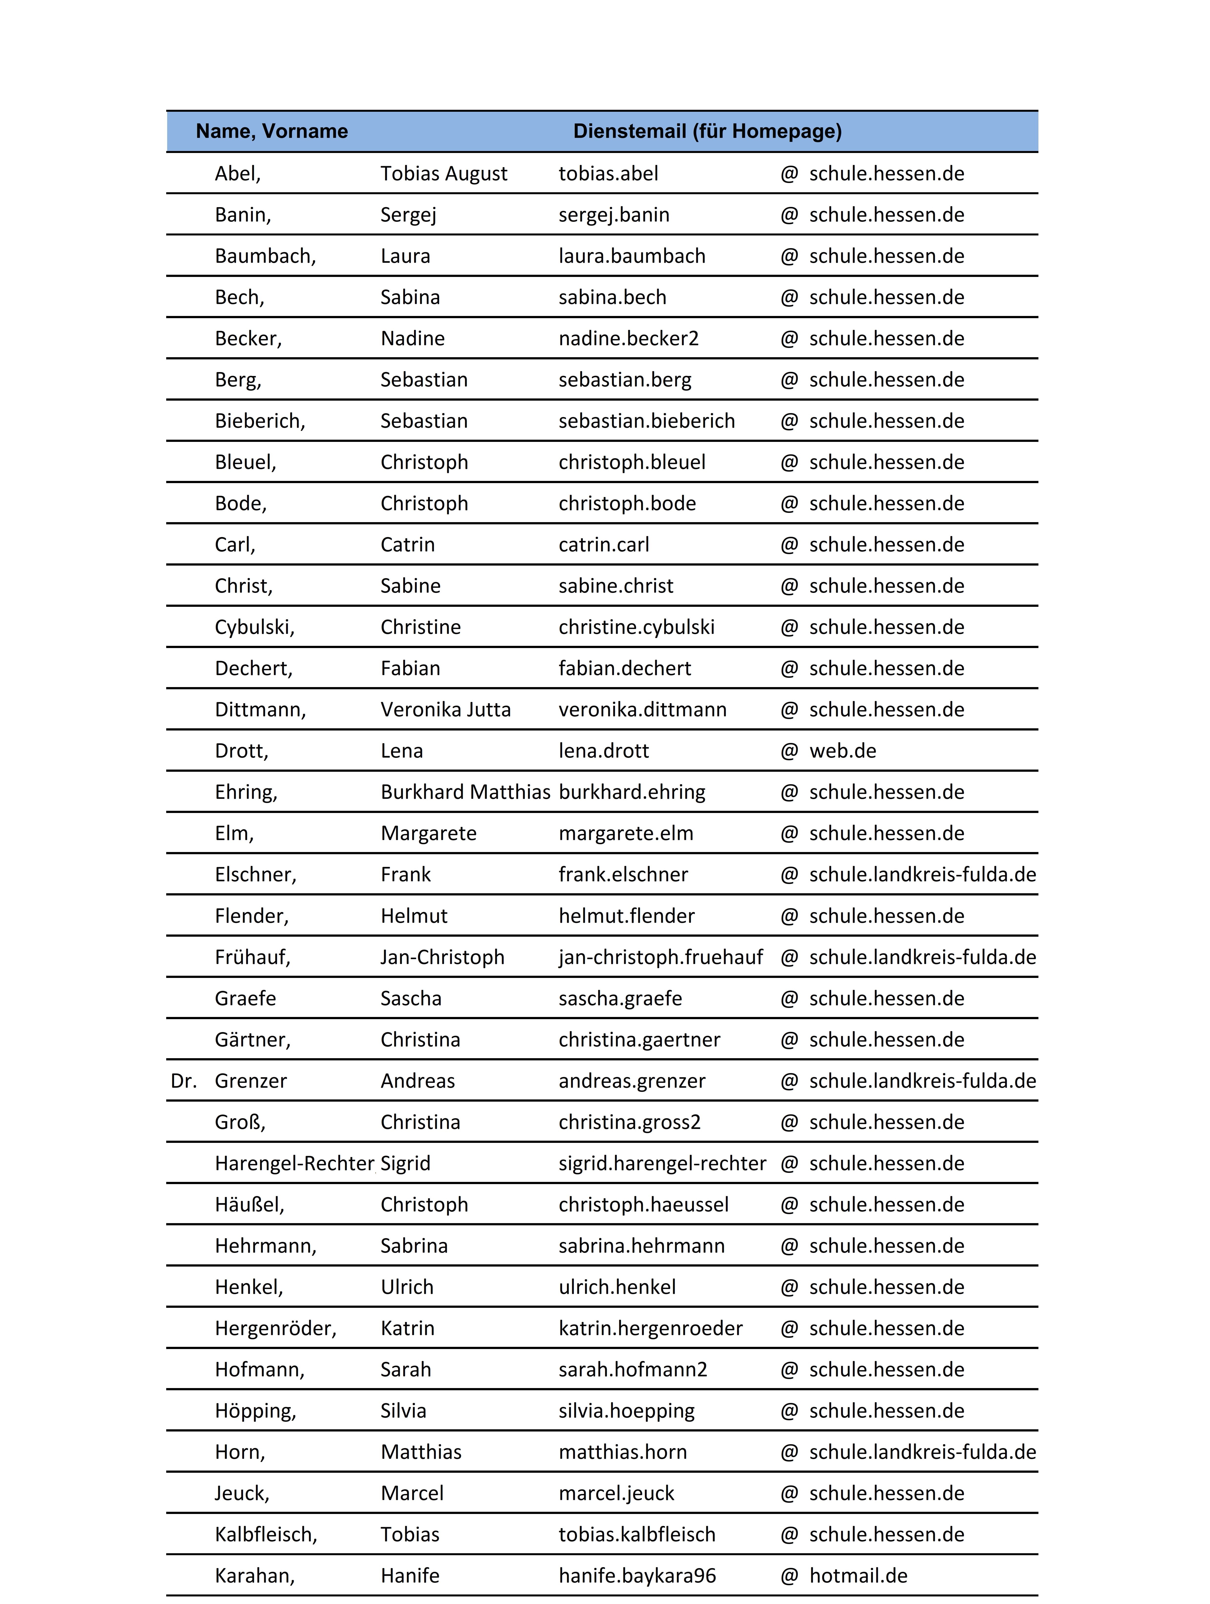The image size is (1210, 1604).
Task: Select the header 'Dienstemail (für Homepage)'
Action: click(707, 131)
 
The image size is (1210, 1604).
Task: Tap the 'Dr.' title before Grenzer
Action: click(184, 1081)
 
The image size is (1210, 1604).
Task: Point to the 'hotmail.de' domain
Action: click(858, 1576)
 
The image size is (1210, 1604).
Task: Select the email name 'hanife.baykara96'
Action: click(637, 1576)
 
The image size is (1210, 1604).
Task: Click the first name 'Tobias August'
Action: click(444, 174)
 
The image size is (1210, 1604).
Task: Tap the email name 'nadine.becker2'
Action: click(628, 339)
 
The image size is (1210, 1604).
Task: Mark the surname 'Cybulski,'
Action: click(255, 627)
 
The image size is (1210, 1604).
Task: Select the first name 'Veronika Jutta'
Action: click(445, 710)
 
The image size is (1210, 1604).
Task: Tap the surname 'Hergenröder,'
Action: click(276, 1329)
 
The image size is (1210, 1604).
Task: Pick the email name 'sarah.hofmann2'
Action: click(633, 1370)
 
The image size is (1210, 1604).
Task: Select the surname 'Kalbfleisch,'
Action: click(266, 1535)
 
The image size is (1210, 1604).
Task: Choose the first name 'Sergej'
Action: click(408, 215)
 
